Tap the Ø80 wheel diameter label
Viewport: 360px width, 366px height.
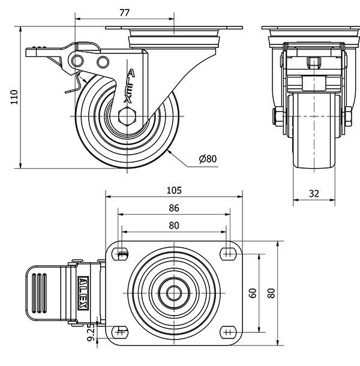click(207, 159)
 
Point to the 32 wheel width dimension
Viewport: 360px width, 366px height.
click(314, 193)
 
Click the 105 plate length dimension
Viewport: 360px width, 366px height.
click(174, 190)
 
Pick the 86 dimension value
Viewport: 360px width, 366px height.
click(174, 208)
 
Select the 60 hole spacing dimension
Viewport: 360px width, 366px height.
click(253, 293)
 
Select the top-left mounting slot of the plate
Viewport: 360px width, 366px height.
click(122, 253)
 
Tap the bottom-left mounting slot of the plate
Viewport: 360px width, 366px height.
click(122, 332)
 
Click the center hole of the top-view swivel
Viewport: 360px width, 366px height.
click(174, 293)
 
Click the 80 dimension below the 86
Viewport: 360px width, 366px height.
click(174, 226)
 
